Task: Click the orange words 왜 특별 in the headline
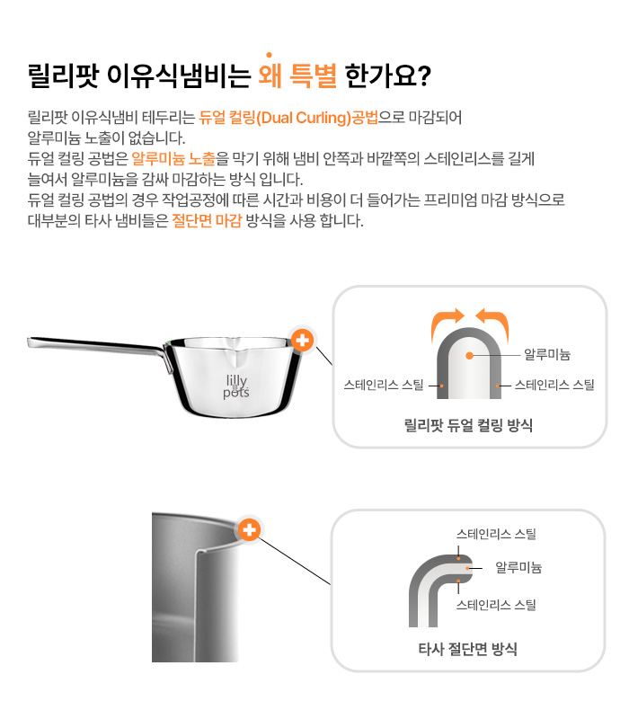[297, 75]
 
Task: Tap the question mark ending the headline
[423, 76]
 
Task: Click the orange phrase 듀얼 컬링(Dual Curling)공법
[288, 118]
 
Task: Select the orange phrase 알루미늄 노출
[173, 159]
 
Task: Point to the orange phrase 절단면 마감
[207, 220]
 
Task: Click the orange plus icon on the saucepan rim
[302, 340]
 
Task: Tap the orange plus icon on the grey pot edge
[249, 529]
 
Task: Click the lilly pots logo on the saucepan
[236, 386]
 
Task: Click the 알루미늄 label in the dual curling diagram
[547, 354]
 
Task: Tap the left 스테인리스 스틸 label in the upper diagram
[384, 385]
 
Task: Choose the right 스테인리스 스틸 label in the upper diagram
[554, 385]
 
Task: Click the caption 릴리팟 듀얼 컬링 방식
[468, 425]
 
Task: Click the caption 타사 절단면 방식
[467, 649]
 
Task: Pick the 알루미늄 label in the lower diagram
[518, 567]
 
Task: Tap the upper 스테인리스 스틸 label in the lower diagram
[496, 534]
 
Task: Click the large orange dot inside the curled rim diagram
[470, 356]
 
